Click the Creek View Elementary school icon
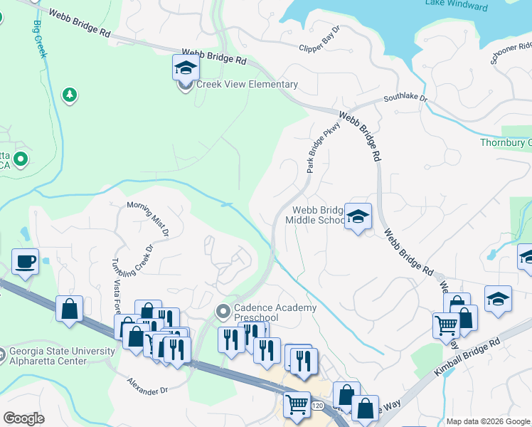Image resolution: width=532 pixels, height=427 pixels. tap(186, 69)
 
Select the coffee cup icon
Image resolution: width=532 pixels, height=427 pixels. tap(25, 262)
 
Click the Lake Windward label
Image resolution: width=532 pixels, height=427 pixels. tap(456, 6)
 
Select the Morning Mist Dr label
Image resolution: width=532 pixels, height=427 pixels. tap(149, 218)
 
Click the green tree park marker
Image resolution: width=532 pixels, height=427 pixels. tap(68, 95)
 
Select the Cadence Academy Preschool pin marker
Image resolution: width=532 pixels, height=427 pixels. tap(223, 312)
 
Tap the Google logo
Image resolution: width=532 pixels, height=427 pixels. tap(23, 418)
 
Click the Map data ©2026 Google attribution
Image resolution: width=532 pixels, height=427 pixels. tap(487, 421)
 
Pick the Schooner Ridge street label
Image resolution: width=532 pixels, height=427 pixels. tap(511, 49)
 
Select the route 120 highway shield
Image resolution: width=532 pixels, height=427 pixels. tap(316, 405)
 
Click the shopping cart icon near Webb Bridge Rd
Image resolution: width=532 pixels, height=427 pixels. tap(446, 325)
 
